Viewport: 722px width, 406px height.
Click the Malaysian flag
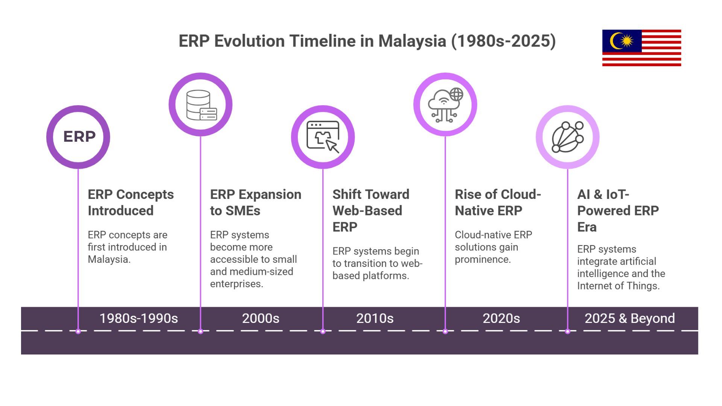(x=642, y=48)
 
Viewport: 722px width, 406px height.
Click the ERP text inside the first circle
(x=79, y=136)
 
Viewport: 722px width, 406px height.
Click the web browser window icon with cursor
(x=323, y=136)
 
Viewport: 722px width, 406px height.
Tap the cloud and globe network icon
(x=445, y=105)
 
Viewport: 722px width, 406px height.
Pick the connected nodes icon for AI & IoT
(x=567, y=137)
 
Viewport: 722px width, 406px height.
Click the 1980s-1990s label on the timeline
(x=138, y=318)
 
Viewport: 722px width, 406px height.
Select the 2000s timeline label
(x=261, y=318)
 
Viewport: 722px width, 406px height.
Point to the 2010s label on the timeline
(x=375, y=318)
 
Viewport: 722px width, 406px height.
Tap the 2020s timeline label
(x=501, y=318)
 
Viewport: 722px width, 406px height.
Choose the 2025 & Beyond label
(x=629, y=318)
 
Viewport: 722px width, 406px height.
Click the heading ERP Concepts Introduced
(x=130, y=202)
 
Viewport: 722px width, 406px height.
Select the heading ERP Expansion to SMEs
(x=255, y=202)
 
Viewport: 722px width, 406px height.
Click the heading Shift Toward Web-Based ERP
(x=370, y=211)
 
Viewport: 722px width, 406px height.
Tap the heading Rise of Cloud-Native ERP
(x=498, y=202)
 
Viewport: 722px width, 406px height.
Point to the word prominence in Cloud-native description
(x=482, y=259)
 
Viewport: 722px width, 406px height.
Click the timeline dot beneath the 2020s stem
(x=445, y=332)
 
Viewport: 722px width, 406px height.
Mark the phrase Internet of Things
(x=618, y=286)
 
